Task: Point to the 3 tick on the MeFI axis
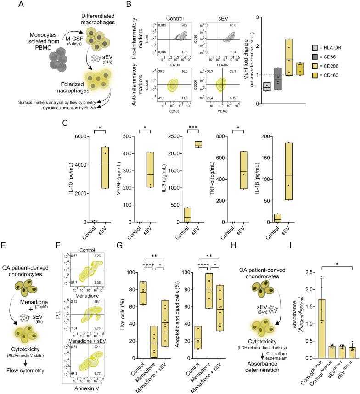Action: click(259, 17)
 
